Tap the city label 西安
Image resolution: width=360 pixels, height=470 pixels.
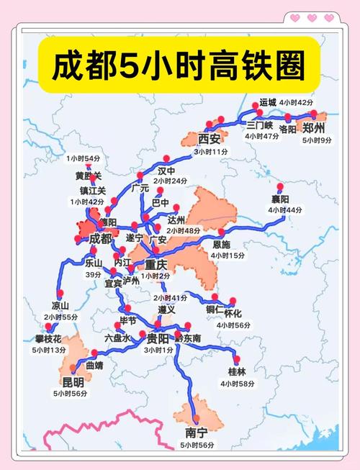[210, 138]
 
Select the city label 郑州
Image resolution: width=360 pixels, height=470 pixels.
[315, 128]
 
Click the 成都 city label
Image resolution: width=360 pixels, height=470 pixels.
[102, 238]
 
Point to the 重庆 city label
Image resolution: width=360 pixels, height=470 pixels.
[157, 264]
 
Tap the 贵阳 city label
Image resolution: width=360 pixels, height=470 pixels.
[158, 338]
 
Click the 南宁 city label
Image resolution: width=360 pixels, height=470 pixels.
[196, 434]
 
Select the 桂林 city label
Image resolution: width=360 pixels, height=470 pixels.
[237, 371]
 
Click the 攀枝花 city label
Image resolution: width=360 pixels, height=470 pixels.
[49, 339]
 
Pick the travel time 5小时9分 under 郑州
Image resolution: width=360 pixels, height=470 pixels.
[317, 140]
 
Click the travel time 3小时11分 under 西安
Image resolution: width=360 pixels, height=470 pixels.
[210, 152]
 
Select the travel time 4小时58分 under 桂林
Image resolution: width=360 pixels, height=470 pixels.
[237, 384]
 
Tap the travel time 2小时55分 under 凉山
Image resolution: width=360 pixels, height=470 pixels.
[60, 317]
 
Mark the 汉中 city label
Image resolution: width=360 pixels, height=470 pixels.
[167, 171]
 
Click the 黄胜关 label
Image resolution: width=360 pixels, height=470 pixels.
[89, 176]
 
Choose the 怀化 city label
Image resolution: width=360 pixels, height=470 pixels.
[233, 313]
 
